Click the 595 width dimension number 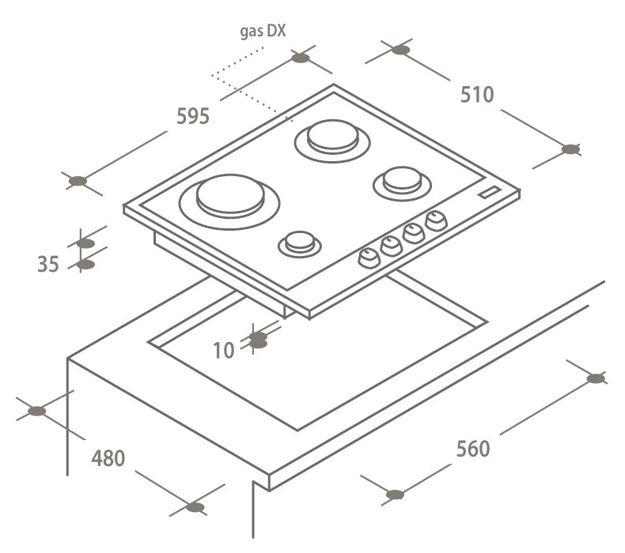coord(193,116)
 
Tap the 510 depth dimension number coord(477,95)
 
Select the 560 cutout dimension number coord(473,449)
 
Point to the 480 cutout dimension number coord(108,458)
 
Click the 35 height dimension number coord(48,265)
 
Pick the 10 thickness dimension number coord(224,350)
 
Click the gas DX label coord(263,31)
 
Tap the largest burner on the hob coord(229,201)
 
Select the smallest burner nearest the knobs coord(300,243)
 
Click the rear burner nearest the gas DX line coord(332,141)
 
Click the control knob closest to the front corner coord(369,258)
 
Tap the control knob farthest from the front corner coord(437,221)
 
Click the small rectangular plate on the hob coord(490,192)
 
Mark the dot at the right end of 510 coord(570,149)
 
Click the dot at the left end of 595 coord(78,181)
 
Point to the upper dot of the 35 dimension coord(85,243)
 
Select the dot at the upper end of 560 coord(596,378)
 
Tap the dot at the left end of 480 coord(36,411)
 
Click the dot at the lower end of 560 coord(395,495)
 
